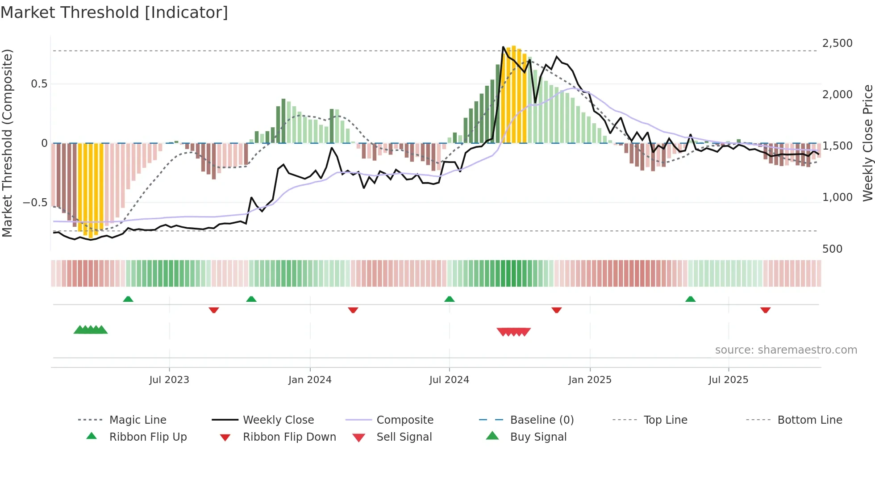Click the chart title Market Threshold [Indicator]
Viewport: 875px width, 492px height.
click(x=114, y=13)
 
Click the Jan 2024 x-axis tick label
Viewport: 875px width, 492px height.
click(x=310, y=380)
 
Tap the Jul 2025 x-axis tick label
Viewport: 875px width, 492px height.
click(x=728, y=380)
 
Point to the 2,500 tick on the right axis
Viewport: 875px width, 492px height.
click(x=837, y=43)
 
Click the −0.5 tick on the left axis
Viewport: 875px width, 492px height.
click(x=35, y=203)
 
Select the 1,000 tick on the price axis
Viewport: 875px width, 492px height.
click(x=837, y=197)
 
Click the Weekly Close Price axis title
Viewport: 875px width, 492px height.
click(x=867, y=143)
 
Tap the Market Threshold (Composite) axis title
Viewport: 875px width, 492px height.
click(x=7, y=143)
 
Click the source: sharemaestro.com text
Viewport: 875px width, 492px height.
click(x=786, y=350)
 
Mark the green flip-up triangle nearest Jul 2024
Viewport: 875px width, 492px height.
click(x=450, y=299)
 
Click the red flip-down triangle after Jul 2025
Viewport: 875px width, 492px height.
click(x=765, y=310)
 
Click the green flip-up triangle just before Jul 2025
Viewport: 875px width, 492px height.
click(x=690, y=299)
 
